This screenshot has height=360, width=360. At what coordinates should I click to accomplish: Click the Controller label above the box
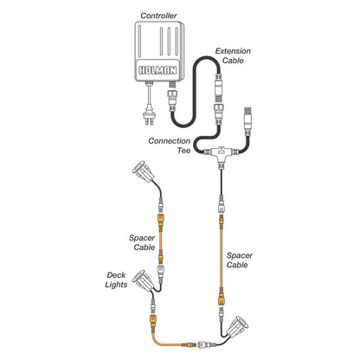coord(158,16)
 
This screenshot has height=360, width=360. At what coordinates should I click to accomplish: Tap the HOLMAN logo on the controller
coord(157,70)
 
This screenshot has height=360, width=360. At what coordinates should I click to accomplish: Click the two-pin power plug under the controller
coord(150,118)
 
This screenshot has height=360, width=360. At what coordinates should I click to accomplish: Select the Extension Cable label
coord(233,55)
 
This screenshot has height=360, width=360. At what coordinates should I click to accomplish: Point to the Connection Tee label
coord(170,145)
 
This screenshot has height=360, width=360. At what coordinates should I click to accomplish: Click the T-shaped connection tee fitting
coord(221,155)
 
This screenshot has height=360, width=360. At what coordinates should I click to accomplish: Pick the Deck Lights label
coord(116,280)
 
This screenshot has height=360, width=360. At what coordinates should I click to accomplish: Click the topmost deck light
coord(143,171)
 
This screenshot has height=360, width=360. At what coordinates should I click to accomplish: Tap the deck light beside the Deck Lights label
coord(144,280)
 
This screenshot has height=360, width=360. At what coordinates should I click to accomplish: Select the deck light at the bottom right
coord(237,326)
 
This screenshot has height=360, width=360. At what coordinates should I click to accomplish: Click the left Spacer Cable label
coord(142,242)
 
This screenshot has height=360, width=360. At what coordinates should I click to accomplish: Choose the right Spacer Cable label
coord(240,260)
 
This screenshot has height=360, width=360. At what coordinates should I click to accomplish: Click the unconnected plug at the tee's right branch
coord(247,121)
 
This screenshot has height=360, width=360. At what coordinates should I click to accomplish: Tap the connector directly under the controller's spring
coord(172,100)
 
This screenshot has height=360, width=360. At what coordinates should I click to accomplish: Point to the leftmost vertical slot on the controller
coord(139,42)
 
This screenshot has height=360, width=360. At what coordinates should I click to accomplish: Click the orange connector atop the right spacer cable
coord(222,222)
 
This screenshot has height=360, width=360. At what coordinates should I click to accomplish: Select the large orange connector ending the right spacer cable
coord(222,298)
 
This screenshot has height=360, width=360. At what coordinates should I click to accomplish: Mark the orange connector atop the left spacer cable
coord(161,221)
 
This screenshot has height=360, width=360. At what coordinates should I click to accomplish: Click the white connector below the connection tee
coord(222,204)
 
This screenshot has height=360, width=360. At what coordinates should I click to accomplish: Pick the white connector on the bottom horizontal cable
coord(206,344)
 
